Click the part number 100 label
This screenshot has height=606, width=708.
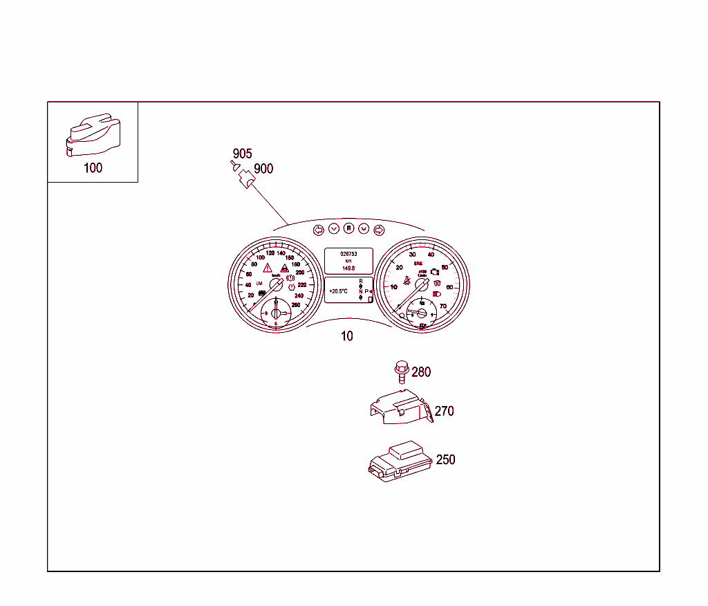coord(92,168)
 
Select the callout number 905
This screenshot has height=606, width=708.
coord(242,154)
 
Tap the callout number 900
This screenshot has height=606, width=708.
coord(263,169)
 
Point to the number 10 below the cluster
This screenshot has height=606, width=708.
coord(346,336)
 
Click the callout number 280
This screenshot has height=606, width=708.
coord(421,372)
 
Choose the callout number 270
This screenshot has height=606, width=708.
coord(444,411)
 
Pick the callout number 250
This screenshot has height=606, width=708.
coord(445,459)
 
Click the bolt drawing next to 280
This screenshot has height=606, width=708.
coord(400,371)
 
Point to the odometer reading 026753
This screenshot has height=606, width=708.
coord(348,254)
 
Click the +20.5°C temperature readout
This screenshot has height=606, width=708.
coord(338,291)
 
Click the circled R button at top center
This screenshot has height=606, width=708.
coord(349,228)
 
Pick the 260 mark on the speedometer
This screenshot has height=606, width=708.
coord(296,305)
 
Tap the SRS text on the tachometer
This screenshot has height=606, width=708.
coord(418,264)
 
